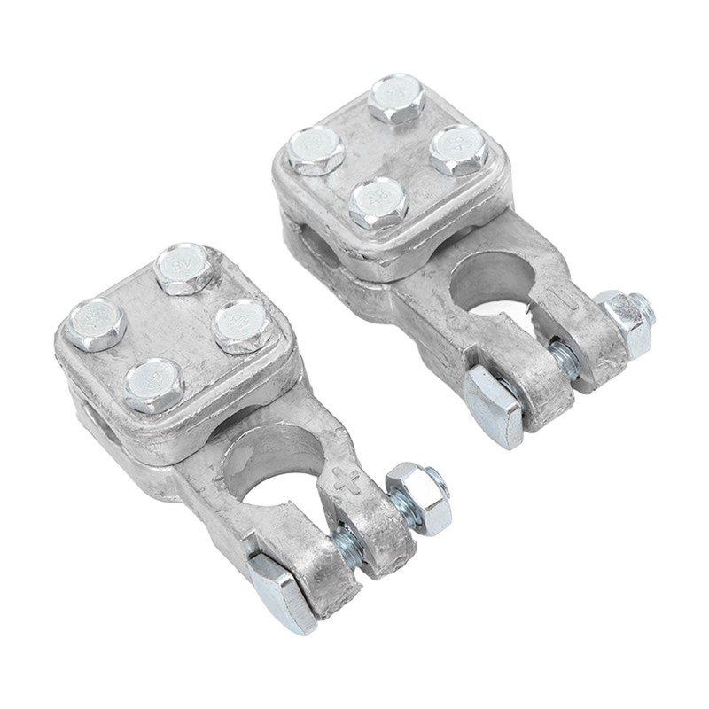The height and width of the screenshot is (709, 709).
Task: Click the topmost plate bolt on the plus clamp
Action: pos(187,269)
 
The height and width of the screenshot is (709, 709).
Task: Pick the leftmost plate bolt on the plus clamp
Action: pos(97,324)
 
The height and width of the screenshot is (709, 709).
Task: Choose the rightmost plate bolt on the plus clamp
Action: pos(241,326)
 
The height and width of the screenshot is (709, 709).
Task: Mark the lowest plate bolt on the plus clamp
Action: pos(154,385)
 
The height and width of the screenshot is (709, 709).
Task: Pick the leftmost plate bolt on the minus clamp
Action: pos(316,150)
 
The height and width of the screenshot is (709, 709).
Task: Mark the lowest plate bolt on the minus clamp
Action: pos(378,203)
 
